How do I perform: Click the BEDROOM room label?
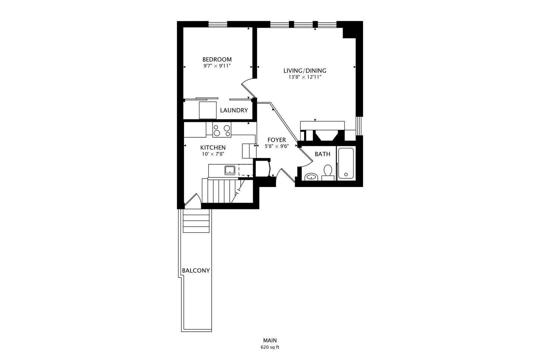tap(217, 59)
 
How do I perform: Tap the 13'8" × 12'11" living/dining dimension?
tap(305, 77)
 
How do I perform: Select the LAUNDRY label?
tap(234, 110)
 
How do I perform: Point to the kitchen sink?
tap(230, 170)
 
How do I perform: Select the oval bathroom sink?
tap(311, 177)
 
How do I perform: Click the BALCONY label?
tap(196, 271)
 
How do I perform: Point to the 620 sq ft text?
tap(270, 347)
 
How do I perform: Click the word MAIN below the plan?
tap(270, 340)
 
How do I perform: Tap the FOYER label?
tap(276, 140)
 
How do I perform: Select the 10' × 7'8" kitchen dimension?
tap(213, 154)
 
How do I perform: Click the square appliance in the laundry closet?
tap(208, 110)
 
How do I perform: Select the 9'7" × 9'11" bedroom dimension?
tap(217, 66)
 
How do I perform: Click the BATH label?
tap(322, 154)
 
